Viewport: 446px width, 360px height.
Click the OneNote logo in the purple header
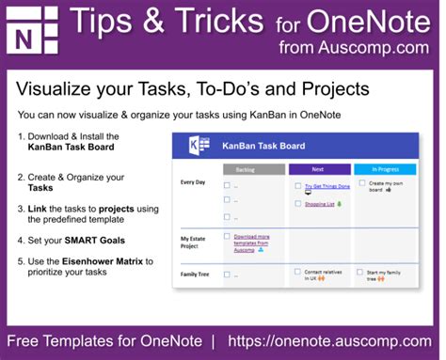tap(29, 30)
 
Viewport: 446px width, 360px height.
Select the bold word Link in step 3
tap(39, 208)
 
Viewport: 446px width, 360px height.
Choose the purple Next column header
tap(319, 169)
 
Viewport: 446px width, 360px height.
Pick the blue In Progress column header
tap(387, 169)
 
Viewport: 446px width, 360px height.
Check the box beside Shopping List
tap(297, 203)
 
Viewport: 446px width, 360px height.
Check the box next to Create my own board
tap(362, 184)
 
